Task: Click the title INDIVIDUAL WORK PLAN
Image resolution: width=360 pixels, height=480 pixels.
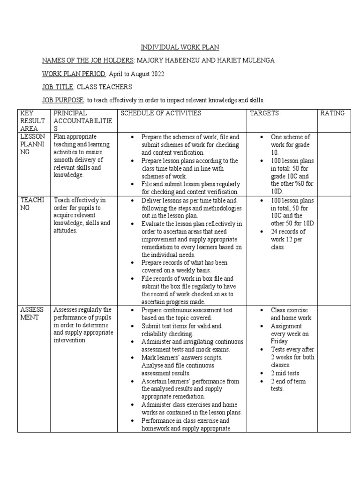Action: coord(180,47)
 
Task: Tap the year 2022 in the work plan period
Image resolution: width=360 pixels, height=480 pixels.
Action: coord(156,74)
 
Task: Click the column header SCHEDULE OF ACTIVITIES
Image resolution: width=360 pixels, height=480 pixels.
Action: coord(161,113)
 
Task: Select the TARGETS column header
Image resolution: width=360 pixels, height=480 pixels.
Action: coord(264,113)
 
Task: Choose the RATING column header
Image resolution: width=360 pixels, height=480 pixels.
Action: coord(332,113)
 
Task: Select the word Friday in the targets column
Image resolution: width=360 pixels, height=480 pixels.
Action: coord(279,342)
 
